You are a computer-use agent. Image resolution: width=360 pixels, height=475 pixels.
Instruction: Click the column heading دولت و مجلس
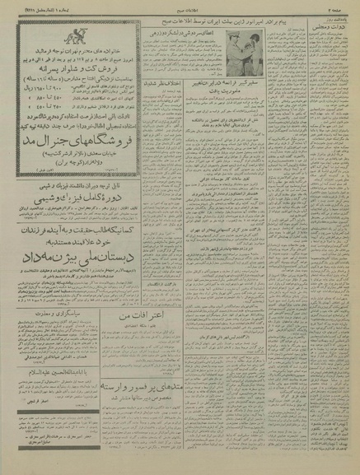pos(327,30)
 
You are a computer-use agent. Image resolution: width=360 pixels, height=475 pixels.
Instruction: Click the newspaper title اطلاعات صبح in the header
pos(180,7)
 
